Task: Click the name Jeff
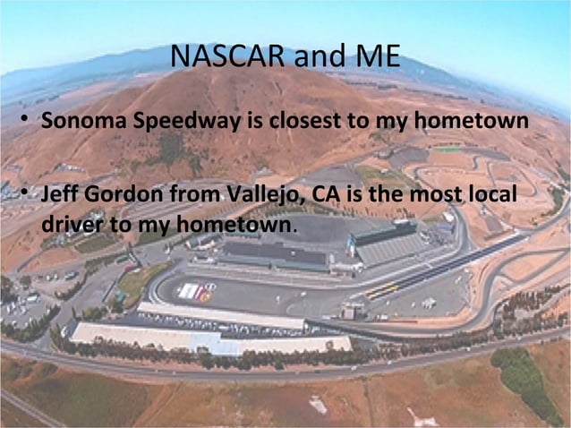59,194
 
